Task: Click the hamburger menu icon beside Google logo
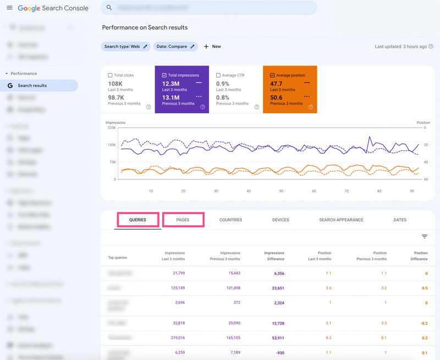9,8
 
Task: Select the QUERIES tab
137,220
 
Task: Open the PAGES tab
183,220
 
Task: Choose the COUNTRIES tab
230,220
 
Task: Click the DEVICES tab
280,220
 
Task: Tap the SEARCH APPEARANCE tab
341,220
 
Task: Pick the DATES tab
400,220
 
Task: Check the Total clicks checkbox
111,75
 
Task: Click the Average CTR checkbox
218,75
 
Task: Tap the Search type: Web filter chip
125,47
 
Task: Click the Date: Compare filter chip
175,47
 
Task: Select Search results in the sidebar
32,86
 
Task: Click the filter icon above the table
425,237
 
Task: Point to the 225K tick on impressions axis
111,128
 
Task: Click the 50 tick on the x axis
281,191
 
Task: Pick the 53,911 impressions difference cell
276,338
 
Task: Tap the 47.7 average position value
276,84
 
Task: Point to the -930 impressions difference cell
279,352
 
